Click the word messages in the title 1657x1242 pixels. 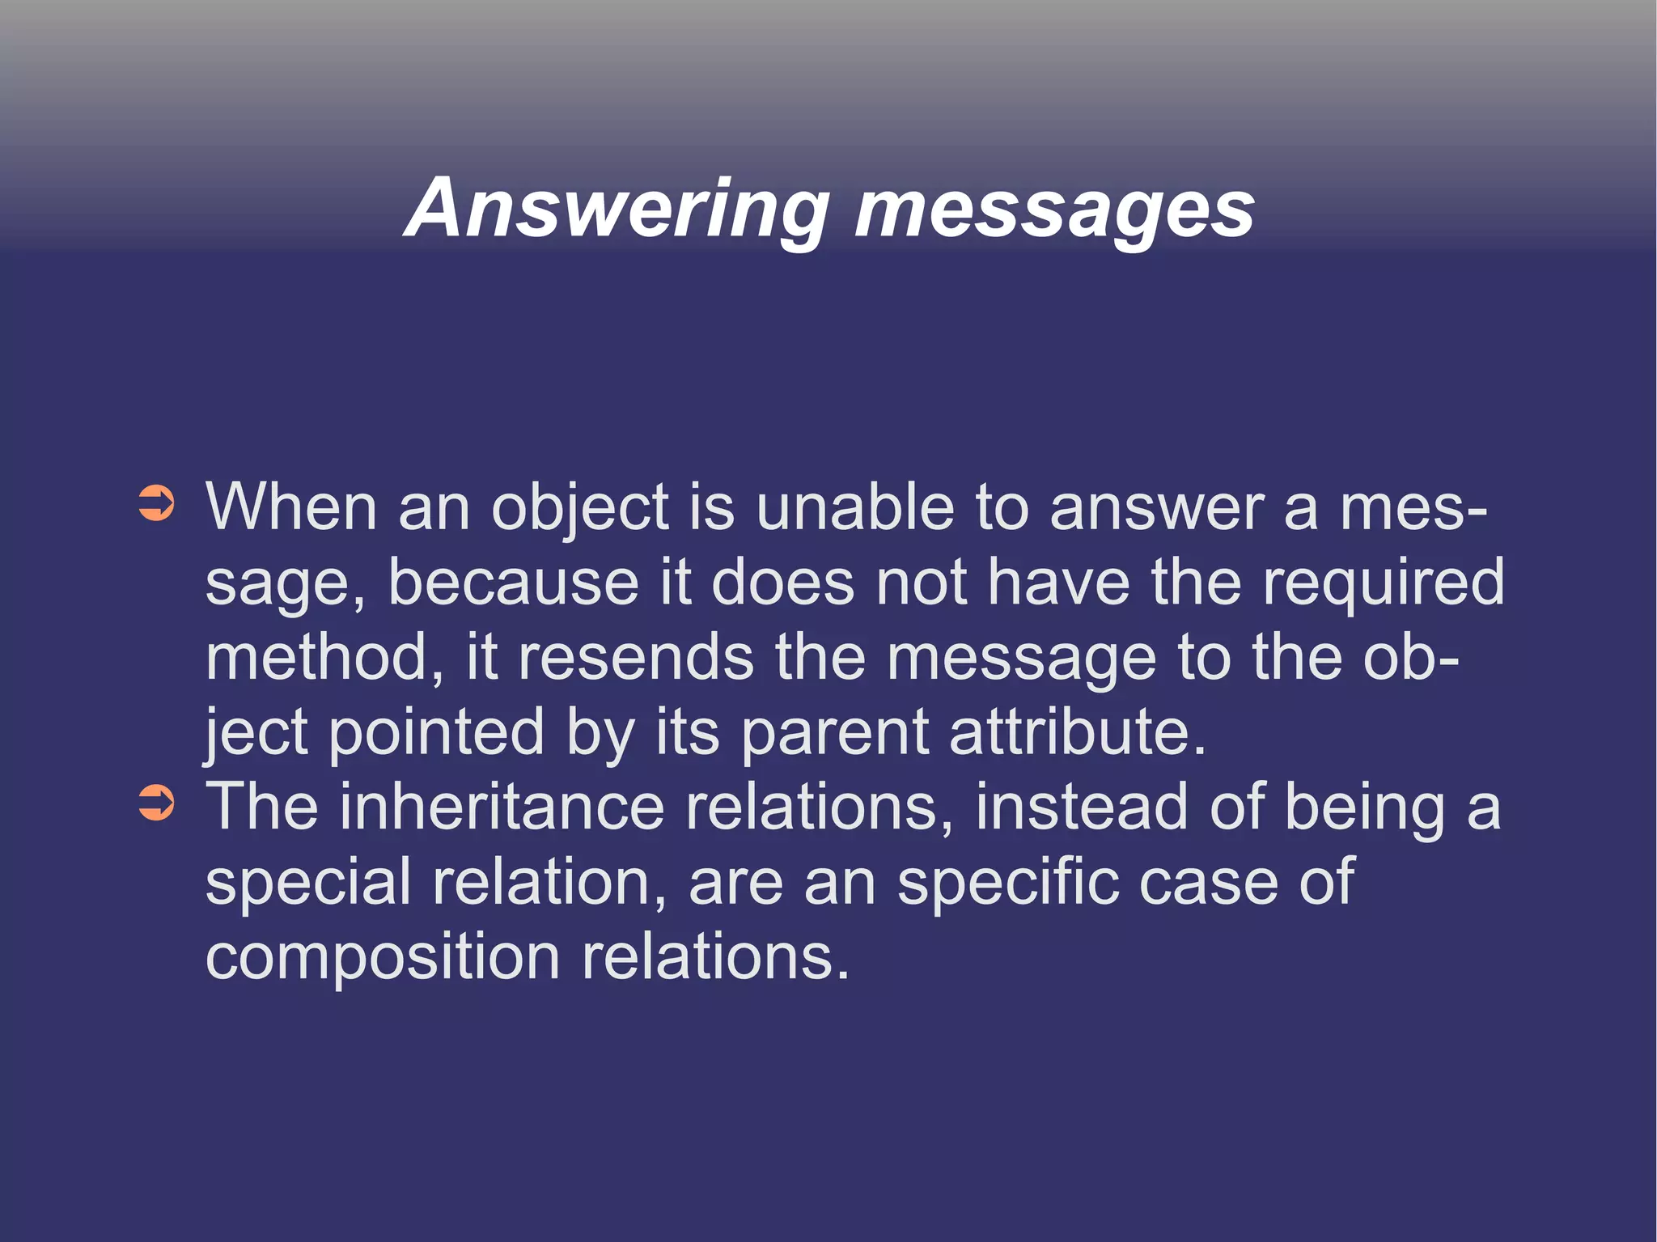(x=1053, y=209)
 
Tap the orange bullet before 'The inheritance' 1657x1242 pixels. (x=156, y=803)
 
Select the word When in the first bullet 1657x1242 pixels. (x=291, y=508)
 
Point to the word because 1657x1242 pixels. (x=514, y=583)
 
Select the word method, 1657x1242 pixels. (x=324, y=657)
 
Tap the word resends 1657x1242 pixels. (x=636, y=657)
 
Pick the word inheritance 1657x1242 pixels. (x=502, y=808)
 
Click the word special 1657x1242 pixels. (x=308, y=882)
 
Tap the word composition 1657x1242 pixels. (x=383, y=957)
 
